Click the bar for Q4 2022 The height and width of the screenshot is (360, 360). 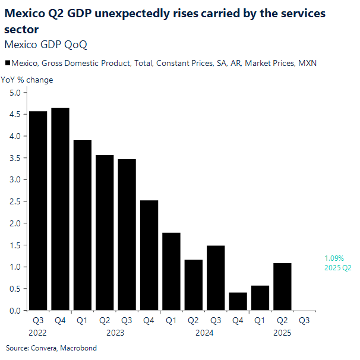pos(60,209)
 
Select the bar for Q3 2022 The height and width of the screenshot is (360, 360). pos(38,211)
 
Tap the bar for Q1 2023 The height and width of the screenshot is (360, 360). pos(83,225)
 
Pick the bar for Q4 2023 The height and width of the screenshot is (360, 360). pos(149,255)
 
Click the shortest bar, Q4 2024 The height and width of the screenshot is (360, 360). pos(238,301)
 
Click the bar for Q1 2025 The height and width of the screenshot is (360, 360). pos(260,298)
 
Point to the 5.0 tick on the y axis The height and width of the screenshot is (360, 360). pos(15,93)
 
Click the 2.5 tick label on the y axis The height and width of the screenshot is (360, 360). pos(15,201)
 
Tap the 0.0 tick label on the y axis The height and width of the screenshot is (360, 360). pos(15,311)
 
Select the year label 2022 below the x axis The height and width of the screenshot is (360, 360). pos(38,333)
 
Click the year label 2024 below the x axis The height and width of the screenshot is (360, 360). pos(204,333)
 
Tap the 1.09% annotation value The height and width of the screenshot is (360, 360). pos(333,258)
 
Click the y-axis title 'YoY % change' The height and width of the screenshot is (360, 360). pos(27,80)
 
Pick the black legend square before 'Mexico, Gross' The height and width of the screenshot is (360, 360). pos(7,63)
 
